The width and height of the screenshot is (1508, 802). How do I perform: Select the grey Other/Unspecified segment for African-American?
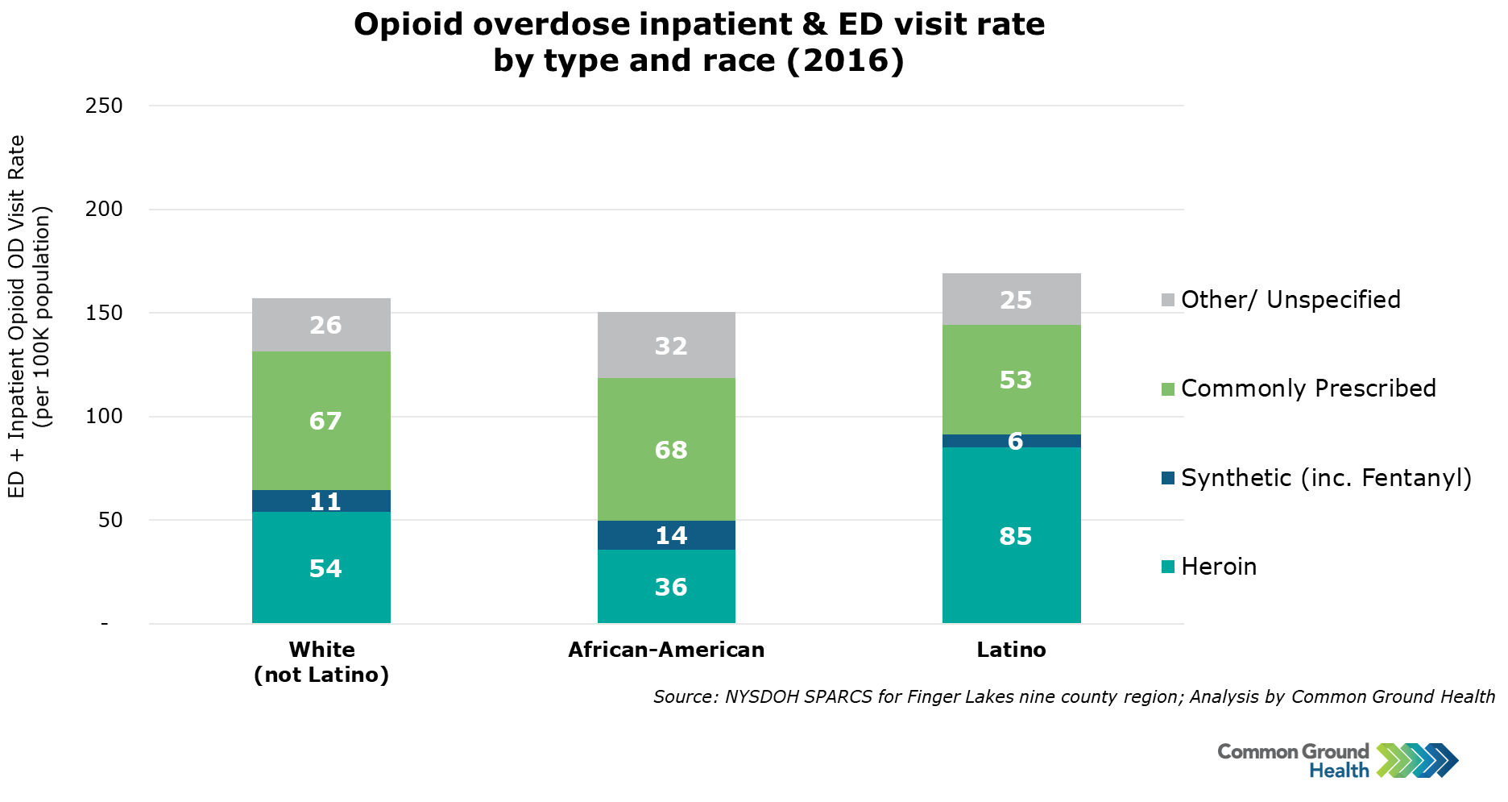click(x=666, y=345)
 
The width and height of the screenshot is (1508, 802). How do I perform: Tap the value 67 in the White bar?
click(x=325, y=421)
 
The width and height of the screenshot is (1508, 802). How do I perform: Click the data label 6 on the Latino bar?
click(x=1015, y=442)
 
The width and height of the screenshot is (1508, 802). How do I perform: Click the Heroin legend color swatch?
click(x=1168, y=567)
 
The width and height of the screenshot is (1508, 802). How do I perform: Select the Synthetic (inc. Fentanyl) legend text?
click(x=1326, y=478)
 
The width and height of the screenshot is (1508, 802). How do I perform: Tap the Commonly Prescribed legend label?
click(x=1308, y=389)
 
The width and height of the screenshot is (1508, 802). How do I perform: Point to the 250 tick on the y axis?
click(x=104, y=106)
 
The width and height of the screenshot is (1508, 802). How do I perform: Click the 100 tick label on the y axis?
click(x=104, y=417)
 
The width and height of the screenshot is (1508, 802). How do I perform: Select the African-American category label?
click(x=666, y=650)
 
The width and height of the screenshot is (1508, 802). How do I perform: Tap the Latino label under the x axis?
click(x=1011, y=650)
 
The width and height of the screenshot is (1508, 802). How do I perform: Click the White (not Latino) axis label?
click(x=321, y=662)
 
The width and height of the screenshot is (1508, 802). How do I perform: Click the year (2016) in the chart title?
click(x=845, y=61)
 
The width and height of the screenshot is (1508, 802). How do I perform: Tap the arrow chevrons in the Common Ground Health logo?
click(x=1417, y=759)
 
